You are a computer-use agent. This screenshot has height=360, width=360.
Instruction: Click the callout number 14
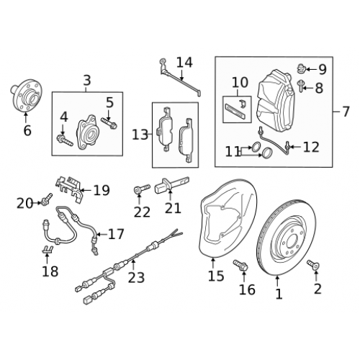(x=184, y=62)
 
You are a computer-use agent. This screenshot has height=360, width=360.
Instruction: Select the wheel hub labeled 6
(x=26, y=96)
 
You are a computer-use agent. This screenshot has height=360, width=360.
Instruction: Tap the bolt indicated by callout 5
(x=109, y=122)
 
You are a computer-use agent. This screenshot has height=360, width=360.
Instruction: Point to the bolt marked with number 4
(x=65, y=140)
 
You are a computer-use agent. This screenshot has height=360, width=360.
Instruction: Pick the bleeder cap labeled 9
(x=302, y=68)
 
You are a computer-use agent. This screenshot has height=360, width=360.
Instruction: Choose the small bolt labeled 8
(x=301, y=86)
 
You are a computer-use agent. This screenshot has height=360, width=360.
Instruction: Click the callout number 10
(x=240, y=83)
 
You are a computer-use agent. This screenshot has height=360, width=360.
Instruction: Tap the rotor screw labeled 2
(x=313, y=265)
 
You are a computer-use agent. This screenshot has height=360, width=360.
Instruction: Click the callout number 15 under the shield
(x=216, y=276)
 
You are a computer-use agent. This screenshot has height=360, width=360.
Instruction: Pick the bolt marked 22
(x=142, y=189)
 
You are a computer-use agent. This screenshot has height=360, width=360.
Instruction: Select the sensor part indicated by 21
(x=172, y=185)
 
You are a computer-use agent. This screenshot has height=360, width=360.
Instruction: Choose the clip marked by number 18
(x=48, y=250)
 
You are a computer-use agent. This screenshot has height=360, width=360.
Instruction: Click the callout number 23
(x=136, y=278)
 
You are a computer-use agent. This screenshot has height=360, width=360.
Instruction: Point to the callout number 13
(x=140, y=135)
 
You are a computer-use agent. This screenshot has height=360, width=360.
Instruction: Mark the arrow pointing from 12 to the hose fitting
(x=296, y=146)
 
